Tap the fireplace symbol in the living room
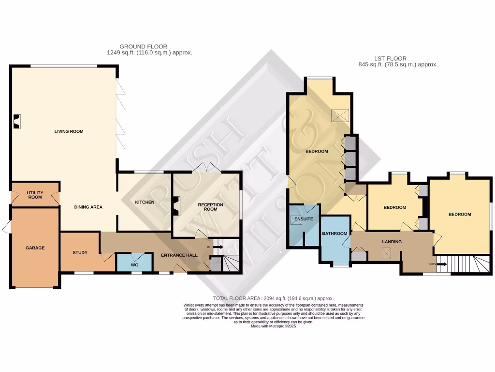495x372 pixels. coord(17,121)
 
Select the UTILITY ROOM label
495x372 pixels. coord(34,195)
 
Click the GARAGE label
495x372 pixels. coord(35,248)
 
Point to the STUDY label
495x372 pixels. coord(80,252)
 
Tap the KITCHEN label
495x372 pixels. coord(145,202)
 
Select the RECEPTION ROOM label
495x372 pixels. coord(211,207)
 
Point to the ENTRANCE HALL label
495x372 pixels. coord(179,255)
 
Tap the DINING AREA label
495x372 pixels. coord(88,207)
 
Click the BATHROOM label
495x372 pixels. coord(335,234)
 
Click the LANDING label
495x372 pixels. coord(392,242)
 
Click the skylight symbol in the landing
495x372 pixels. coord(386,252)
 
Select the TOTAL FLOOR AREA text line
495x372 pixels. coord(273,298)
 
